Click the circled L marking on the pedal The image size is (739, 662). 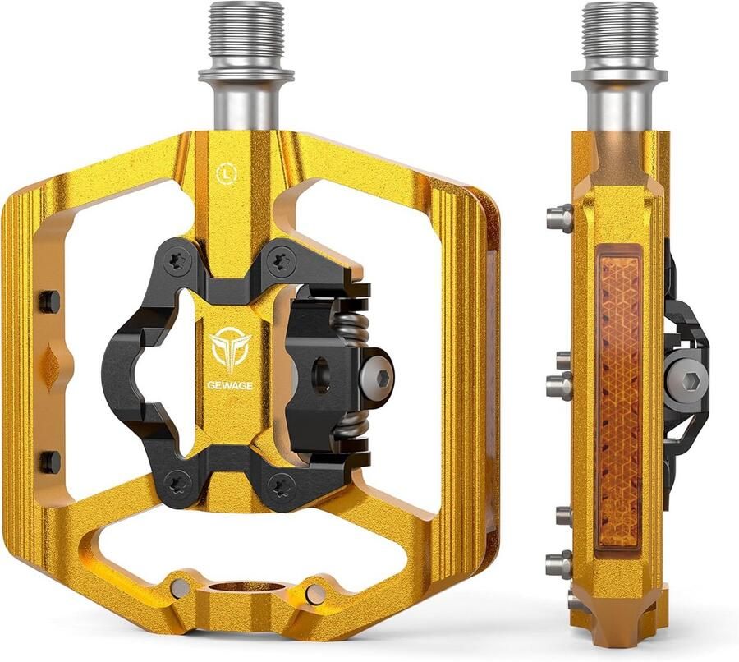coord(227,173)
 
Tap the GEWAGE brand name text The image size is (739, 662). coord(230,385)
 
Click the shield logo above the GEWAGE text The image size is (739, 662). coord(230,352)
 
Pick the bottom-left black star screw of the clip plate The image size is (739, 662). coord(180,482)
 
